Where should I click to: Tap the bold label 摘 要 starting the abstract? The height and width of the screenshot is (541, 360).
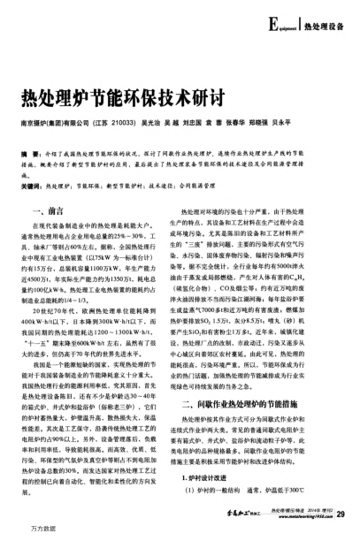click(27, 153)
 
